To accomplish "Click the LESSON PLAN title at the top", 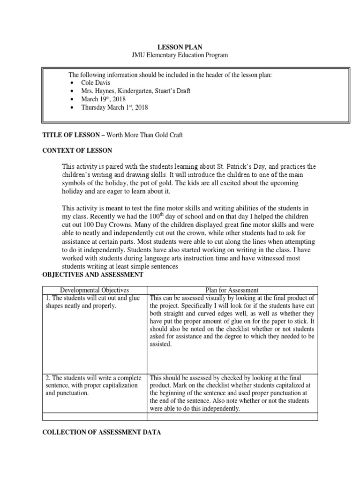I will [x=179, y=47].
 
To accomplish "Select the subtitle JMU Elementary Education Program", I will [x=179, y=55].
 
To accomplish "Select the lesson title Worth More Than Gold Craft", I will [x=145, y=135].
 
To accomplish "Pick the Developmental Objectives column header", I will [x=95, y=290].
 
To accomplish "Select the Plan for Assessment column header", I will [x=232, y=290].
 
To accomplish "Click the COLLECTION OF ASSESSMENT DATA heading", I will [x=102, y=433].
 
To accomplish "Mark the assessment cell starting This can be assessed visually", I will [x=232, y=321].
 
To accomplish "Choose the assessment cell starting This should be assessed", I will [x=232, y=393].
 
